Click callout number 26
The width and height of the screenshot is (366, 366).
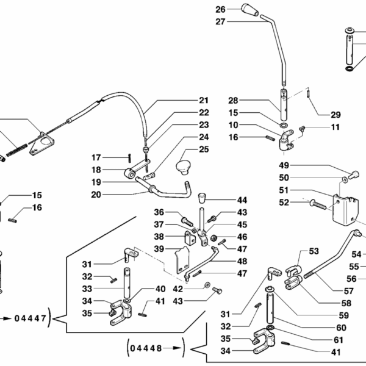220,9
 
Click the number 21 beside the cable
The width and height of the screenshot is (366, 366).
203,100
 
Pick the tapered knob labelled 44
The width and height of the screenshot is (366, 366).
201,198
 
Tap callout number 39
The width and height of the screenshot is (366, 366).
158,248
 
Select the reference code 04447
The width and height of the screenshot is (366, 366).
29,318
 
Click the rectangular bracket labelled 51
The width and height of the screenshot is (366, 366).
341,208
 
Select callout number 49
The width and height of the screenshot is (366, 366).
284,165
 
